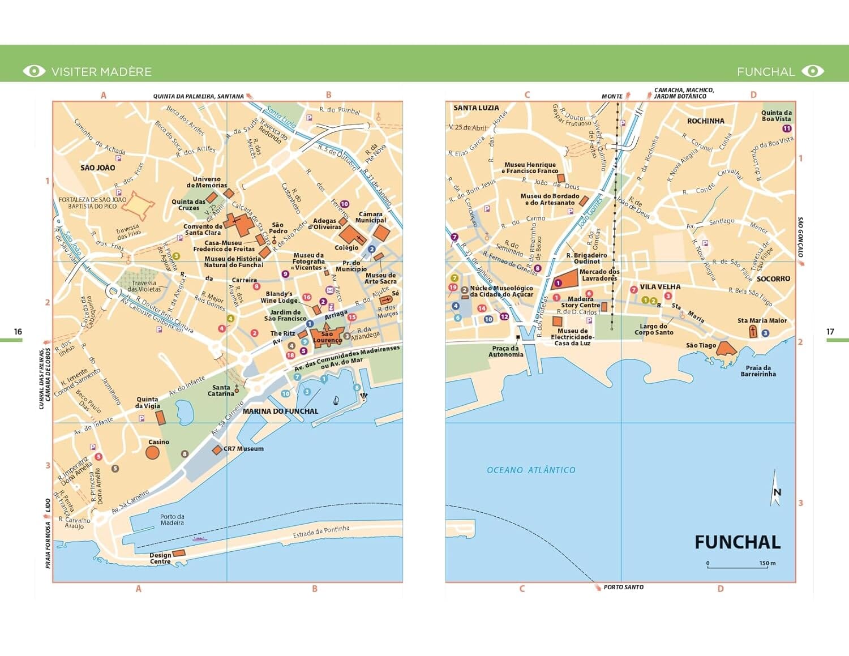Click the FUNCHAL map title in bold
click(737, 542)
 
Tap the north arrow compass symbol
click(776, 488)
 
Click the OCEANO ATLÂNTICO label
click(531, 470)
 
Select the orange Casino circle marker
click(152, 452)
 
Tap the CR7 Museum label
click(243, 449)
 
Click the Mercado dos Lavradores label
click(599, 275)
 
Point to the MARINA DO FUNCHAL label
click(280, 411)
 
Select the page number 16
click(18, 332)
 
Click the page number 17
click(830, 332)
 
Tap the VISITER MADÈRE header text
click(101, 72)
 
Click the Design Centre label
click(160, 558)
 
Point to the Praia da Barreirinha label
click(758, 371)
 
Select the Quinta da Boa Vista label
click(776, 115)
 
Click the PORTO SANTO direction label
click(623, 587)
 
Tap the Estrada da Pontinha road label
click(321, 531)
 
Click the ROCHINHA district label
click(705, 121)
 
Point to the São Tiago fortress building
click(726, 349)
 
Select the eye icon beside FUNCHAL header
click(813, 71)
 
